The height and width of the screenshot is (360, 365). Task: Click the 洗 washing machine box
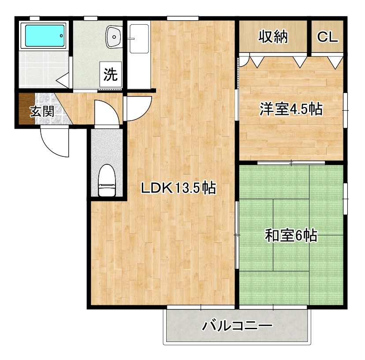[110, 74]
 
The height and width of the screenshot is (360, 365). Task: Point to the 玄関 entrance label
[42, 111]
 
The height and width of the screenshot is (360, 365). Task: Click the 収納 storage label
[273, 37]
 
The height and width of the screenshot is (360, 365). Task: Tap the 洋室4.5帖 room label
[291, 108]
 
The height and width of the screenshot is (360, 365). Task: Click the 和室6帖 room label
[291, 236]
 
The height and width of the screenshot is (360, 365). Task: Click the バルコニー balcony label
[238, 327]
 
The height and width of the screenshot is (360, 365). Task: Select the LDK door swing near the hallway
[138, 108]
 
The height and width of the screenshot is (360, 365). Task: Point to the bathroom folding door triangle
[63, 80]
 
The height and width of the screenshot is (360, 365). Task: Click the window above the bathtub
[34, 18]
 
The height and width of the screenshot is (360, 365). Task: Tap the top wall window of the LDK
[182, 18]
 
